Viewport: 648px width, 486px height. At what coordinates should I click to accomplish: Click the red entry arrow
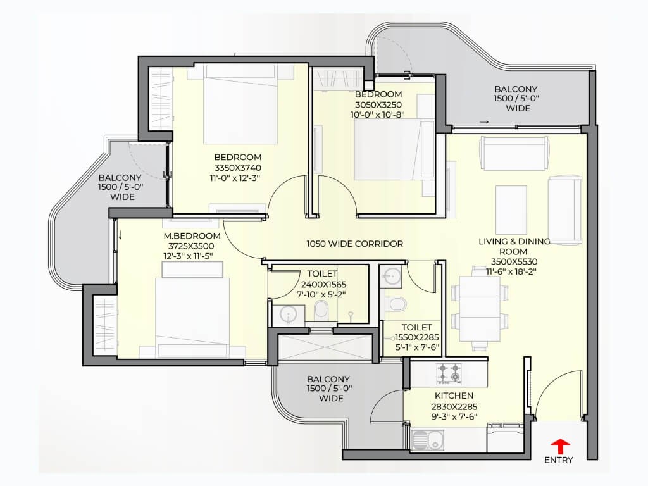[560, 447]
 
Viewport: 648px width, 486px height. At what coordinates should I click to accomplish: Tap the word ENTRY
[559, 460]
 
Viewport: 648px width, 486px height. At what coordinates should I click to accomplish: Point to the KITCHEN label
[454, 396]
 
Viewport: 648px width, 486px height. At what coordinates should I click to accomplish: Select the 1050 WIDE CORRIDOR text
[354, 244]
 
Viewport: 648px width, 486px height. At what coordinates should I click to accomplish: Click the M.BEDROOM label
[192, 236]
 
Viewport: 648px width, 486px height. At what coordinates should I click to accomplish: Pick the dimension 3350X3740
[238, 168]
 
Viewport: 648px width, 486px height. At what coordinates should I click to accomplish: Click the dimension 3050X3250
[378, 105]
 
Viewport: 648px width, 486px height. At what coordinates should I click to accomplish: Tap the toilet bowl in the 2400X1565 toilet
[321, 310]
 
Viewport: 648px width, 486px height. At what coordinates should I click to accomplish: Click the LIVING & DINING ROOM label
[514, 246]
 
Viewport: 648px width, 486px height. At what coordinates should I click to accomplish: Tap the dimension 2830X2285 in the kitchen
[454, 407]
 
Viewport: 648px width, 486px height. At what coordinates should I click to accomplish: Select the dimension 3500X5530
[514, 261]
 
